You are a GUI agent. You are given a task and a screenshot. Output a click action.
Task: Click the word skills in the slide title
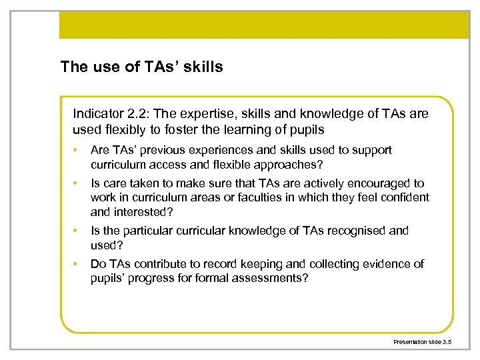[202, 66]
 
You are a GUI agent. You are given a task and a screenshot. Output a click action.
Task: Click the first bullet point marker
[77, 151]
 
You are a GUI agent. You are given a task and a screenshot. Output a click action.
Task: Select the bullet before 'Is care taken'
[77, 183]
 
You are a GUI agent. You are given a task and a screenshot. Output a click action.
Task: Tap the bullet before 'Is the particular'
[77, 231]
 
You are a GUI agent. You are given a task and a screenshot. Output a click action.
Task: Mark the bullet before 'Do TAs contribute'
[77, 264]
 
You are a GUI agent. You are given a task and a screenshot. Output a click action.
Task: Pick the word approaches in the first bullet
[273, 163]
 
